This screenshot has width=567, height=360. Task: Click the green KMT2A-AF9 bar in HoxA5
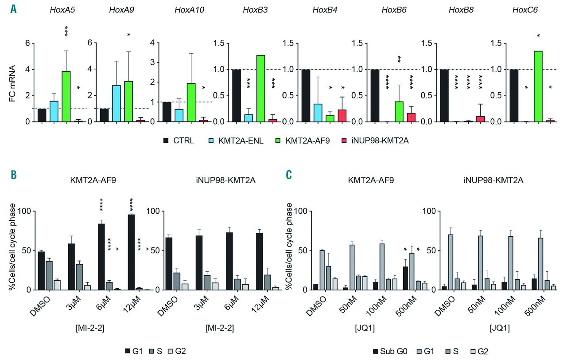click(x=66, y=96)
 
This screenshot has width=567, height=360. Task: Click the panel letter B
click(x=14, y=175)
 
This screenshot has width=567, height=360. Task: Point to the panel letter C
click(x=289, y=175)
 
